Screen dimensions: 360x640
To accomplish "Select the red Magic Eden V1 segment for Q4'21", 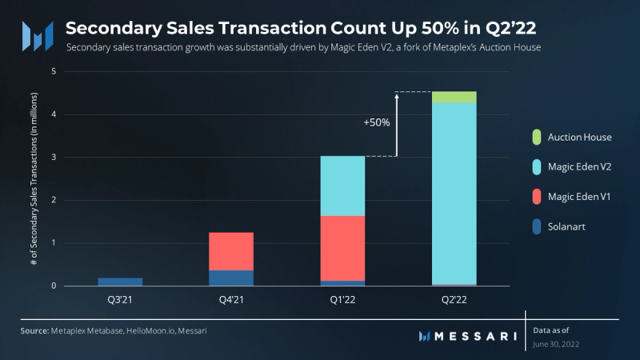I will [230, 251].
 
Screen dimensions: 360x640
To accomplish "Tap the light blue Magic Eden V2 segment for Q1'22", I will [342, 186].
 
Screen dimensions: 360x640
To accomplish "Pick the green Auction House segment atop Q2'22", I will [454, 97].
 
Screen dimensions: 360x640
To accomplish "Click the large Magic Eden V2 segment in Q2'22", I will [454, 192].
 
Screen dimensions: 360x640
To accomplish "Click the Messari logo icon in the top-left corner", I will [37, 34].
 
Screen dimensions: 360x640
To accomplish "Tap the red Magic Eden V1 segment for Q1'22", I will [342, 248].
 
